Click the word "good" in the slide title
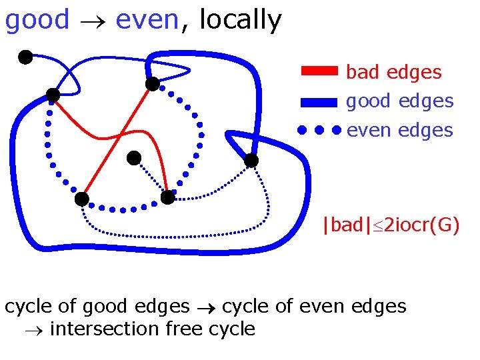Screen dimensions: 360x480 37,21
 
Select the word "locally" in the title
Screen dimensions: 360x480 240,21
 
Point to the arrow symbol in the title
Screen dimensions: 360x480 93,22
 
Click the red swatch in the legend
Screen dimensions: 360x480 320,72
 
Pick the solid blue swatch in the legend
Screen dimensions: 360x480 320,101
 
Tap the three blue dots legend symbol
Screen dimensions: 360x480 319,130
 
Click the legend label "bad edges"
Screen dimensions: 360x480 394,72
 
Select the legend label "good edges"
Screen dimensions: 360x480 399,101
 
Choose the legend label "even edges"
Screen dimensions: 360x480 399,130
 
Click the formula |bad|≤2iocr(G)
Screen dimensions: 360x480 391,225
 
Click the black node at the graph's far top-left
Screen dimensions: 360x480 25,57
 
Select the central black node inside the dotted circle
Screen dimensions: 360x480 134,158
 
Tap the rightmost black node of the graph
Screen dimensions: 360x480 251,161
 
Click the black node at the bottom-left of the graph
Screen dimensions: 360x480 81,199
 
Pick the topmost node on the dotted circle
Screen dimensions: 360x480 153,84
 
